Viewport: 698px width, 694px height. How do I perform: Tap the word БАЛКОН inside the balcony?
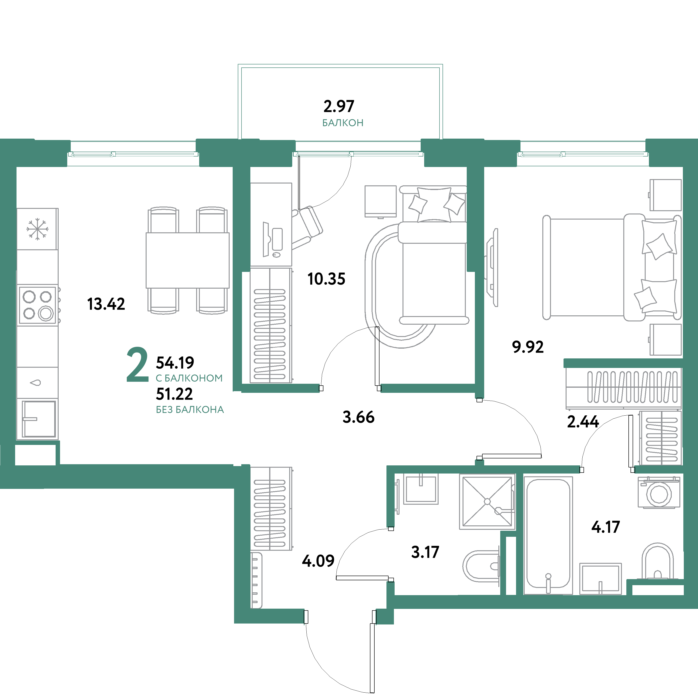(x=342, y=123)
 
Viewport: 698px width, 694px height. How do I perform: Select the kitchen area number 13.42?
(x=106, y=304)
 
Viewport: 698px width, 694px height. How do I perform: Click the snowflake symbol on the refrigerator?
(x=37, y=229)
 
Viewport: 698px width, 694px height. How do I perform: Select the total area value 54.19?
(x=175, y=363)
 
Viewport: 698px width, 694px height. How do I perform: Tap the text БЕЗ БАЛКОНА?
(x=190, y=410)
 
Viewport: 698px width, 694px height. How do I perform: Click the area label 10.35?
(x=326, y=279)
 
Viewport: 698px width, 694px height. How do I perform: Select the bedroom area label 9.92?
(x=527, y=347)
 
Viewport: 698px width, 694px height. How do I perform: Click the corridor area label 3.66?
(x=358, y=417)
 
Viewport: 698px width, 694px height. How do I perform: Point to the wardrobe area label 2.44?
(x=583, y=421)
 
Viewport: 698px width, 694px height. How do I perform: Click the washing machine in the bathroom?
(x=659, y=493)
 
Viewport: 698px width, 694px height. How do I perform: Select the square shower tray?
(x=487, y=501)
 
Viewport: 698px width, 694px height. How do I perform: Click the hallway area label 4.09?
(x=318, y=561)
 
